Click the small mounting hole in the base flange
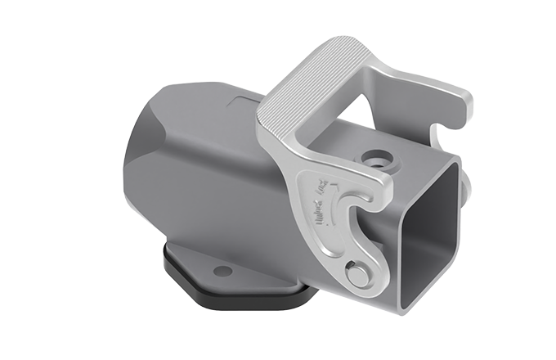click(218, 269)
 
